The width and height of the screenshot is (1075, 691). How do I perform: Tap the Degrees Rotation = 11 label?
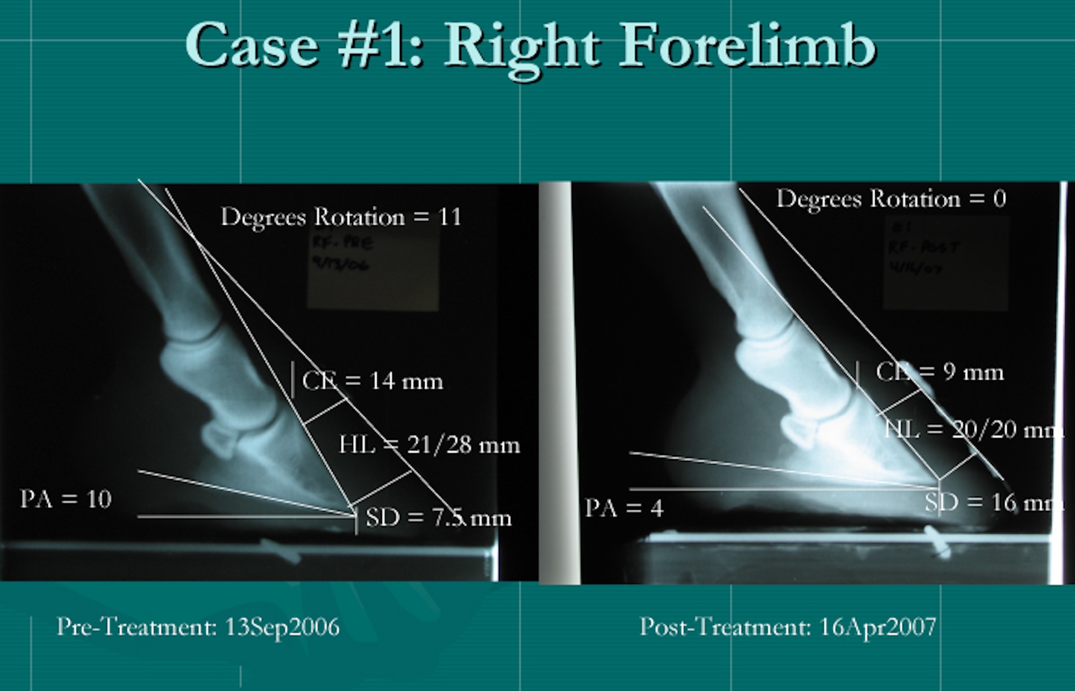[341, 217]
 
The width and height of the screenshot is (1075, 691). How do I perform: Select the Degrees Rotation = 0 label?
[891, 199]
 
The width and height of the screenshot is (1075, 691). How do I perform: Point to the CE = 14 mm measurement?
[372, 381]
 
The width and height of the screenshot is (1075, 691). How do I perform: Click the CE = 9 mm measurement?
[940, 372]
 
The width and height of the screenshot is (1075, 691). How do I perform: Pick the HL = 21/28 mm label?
[429, 445]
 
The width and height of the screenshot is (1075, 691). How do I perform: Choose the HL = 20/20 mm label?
[973, 430]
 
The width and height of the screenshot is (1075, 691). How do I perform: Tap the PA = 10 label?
[66, 500]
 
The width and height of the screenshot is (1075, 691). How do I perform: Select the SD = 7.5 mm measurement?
[438, 518]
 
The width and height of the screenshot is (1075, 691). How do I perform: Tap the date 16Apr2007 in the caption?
[877, 627]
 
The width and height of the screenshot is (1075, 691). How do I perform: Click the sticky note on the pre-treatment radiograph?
[373, 269]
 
